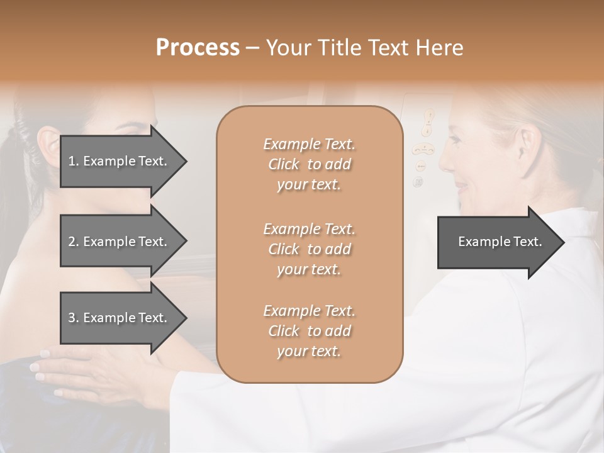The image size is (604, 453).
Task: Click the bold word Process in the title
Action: click(198, 48)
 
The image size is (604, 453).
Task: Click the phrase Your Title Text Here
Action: click(365, 48)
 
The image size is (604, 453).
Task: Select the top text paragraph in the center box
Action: click(309, 164)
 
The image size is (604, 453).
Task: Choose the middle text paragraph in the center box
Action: click(309, 249)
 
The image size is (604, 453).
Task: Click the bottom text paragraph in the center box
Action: click(309, 331)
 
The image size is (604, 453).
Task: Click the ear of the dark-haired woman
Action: click(48, 145)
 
